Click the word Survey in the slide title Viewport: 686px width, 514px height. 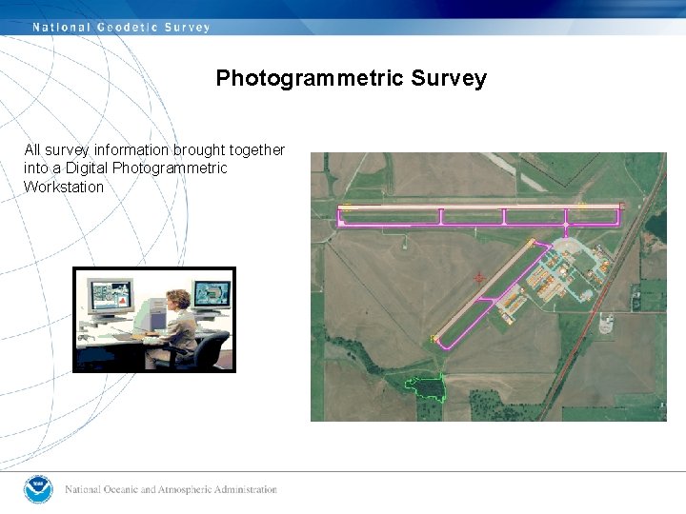[449, 79]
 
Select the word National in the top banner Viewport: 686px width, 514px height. [60, 28]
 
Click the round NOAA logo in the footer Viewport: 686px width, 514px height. [38, 489]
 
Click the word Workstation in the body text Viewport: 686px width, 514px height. [64, 187]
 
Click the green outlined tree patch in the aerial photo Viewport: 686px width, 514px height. [426, 386]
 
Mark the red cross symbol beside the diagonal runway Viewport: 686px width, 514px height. [478, 278]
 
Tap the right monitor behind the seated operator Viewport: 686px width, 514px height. [211, 294]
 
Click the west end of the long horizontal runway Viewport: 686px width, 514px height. [344, 214]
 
